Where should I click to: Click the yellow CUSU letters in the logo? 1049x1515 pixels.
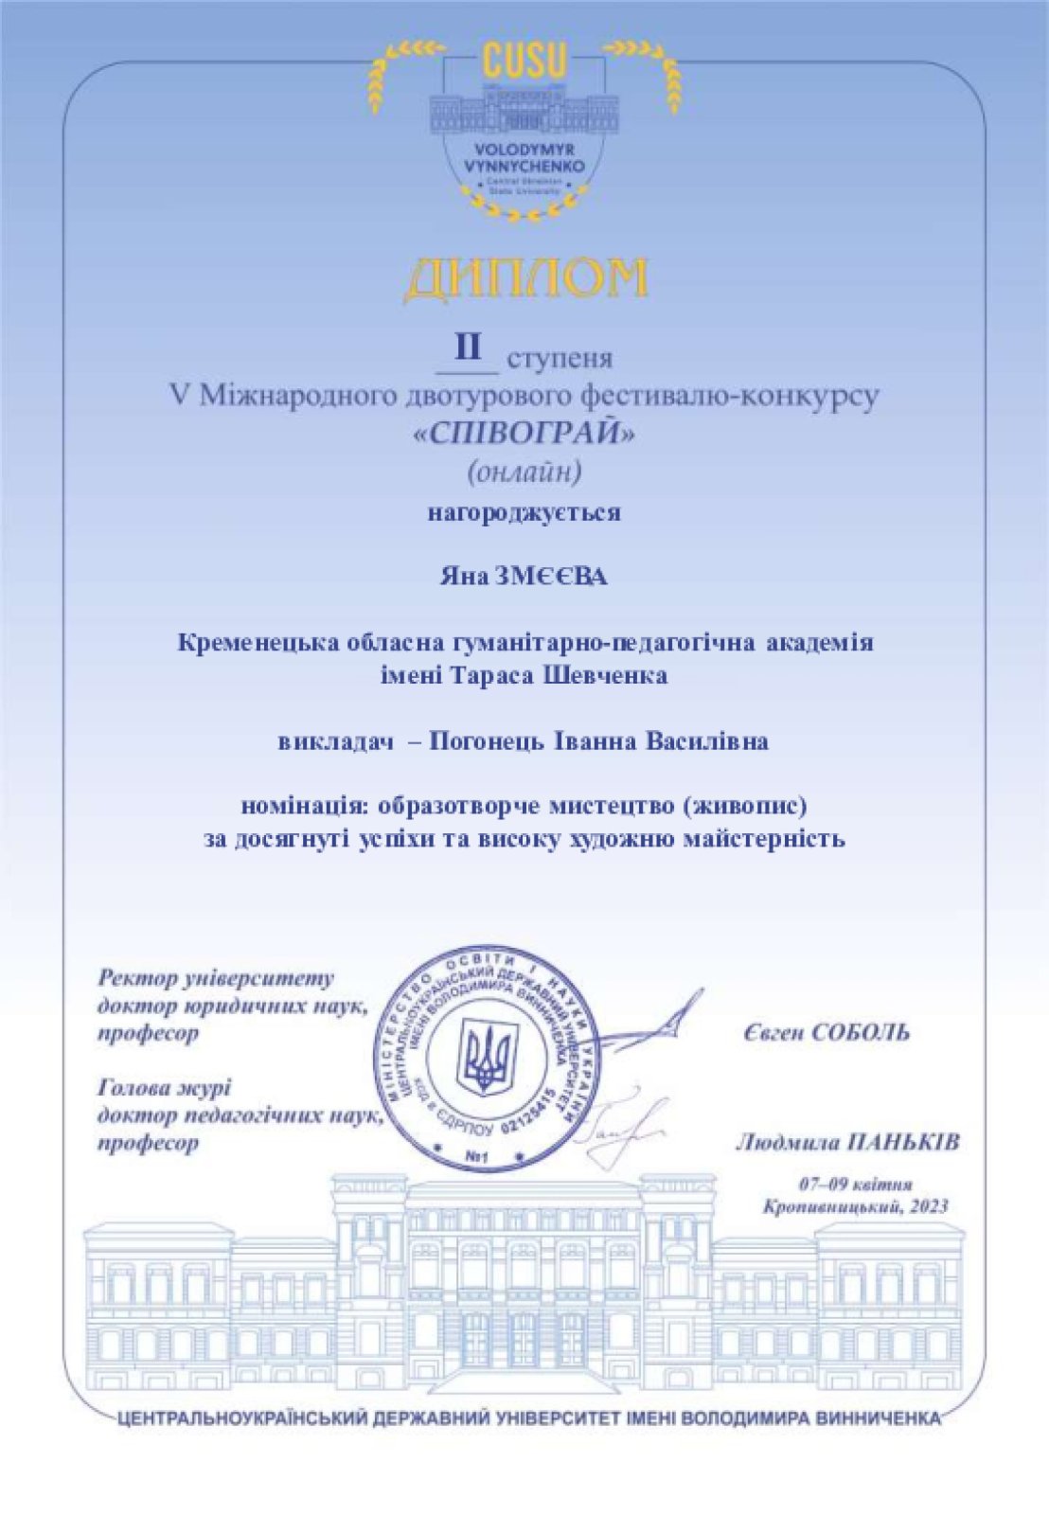(x=524, y=62)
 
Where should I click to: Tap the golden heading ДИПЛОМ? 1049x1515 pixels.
(x=525, y=278)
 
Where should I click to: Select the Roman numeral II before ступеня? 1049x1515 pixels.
(x=468, y=348)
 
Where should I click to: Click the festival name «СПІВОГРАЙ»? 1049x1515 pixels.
(x=524, y=433)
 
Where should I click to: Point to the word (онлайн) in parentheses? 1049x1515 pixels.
(x=524, y=471)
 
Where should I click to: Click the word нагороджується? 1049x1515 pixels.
(x=524, y=513)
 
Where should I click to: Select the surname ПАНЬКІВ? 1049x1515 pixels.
(x=901, y=1143)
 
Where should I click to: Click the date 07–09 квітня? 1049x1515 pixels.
(x=855, y=1185)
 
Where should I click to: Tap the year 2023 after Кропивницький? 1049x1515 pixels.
(x=929, y=1207)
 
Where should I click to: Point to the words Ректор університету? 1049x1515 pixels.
(x=216, y=978)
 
